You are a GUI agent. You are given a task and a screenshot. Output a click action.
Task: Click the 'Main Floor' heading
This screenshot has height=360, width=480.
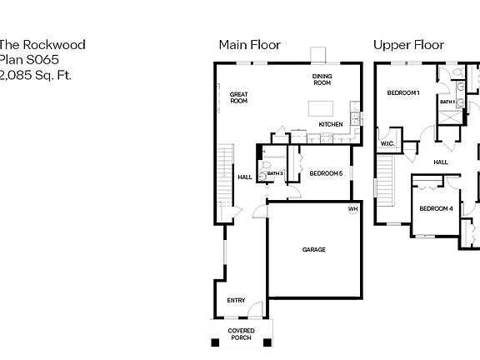pyautogui.click(x=249, y=45)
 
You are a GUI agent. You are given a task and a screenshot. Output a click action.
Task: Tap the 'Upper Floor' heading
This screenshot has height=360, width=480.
pyautogui.click(x=408, y=45)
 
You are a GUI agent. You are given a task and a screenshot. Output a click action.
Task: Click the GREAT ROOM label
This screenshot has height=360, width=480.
pyautogui.click(x=239, y=97)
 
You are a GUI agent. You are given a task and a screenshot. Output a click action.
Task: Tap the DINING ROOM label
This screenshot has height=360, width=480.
pyautogui.click(x=322, y=79)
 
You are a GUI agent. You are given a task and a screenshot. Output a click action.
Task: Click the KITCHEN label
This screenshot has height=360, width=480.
pyautogui.click(x=331, y=125)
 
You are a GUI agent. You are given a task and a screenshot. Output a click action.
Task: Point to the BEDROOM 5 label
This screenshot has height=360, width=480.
pyautogui.click(x=325, y=173)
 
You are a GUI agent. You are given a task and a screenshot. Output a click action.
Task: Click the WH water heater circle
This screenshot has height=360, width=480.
pyautogui.click(x=352, y=208)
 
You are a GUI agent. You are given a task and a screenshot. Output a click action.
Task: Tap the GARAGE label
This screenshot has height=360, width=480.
pyautogui.click(x=314, y=249)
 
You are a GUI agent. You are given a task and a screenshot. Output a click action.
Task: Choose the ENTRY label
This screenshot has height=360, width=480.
pyautogui.click(x=237, y=301)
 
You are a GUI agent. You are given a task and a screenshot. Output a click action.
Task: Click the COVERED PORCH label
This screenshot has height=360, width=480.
pyautogui.click(x=242, y=334)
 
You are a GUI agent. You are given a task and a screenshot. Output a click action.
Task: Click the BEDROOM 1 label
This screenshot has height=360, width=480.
pyautogui.click(x=403, y=93)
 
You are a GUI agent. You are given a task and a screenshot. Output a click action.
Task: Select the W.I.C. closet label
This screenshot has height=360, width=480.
pyautogui.click(x=387, y=143)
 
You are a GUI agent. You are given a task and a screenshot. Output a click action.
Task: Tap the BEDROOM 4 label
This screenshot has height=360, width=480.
pyautogui.click(x=436, y=208)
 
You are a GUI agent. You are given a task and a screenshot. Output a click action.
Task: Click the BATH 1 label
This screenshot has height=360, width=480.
pyautogui.click(x=447, y=102)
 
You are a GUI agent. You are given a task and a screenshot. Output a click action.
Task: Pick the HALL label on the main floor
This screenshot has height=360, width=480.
pyautogui.click(x=245, y=177)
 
